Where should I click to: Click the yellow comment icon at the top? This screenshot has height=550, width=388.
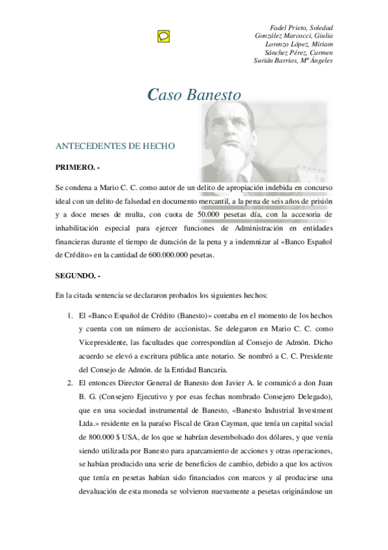[163, 36]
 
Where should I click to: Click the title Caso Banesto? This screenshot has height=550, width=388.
[194, 95]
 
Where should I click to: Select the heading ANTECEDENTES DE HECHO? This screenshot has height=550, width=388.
[115, 147]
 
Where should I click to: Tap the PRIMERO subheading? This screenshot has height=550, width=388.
[78, 168]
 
